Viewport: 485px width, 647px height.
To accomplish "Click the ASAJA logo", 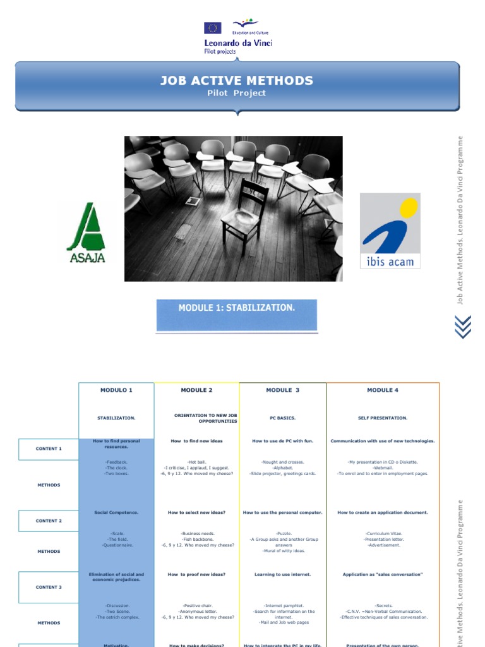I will (86, 233).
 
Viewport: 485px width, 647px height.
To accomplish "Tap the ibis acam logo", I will (390, 231).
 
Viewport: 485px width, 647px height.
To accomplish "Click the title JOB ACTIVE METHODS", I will (237, 80).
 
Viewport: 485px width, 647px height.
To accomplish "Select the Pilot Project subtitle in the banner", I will (237, 94).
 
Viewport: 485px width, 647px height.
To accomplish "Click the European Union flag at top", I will (212, 28).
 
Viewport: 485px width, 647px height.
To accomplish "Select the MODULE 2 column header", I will (196, 390).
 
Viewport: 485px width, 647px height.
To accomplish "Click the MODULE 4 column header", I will (383, 390).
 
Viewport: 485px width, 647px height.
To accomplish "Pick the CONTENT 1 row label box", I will (49, 449).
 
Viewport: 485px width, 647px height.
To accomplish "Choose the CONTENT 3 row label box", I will (49, 587).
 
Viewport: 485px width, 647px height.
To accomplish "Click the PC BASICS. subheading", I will (282, 418).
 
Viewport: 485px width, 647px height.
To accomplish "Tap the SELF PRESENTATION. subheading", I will (383, 418).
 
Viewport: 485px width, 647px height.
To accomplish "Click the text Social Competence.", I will (116, 512).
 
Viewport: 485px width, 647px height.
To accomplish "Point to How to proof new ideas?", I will (196, 574).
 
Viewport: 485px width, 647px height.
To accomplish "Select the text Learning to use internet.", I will (282, 574).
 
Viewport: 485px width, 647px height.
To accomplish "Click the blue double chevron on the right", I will (463, 326).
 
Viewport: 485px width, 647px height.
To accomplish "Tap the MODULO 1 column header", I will (116, 390).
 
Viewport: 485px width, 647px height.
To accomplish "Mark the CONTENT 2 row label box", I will (49, 521).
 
